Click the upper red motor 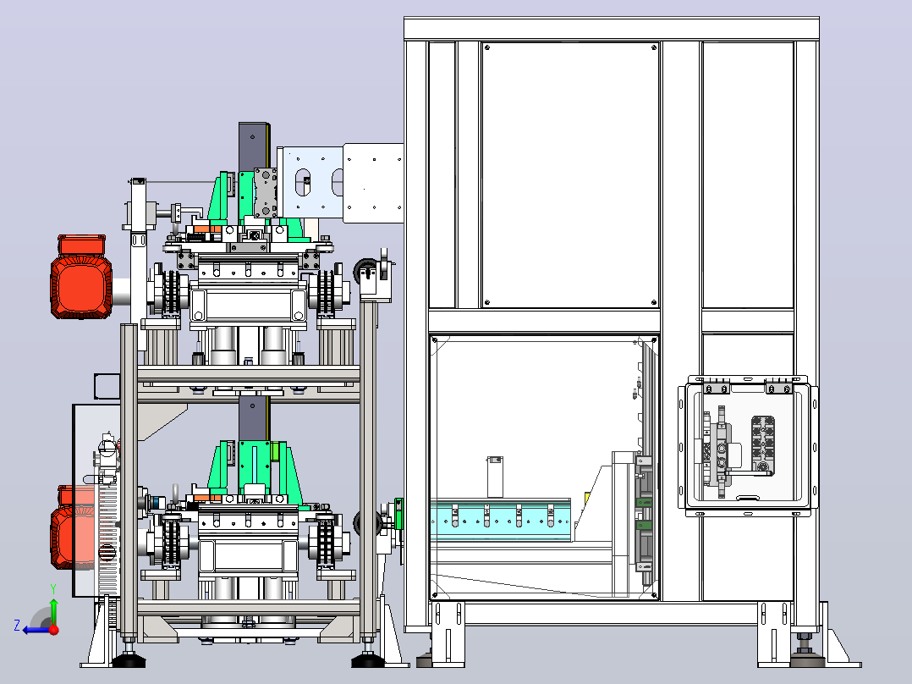click(81, 277)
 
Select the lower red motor click(73, 527)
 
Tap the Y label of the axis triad click(53, 588)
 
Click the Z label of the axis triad click(17, 626)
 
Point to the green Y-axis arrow click(53, 611)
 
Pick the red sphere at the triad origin click(54, 630)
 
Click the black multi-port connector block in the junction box click(762, 444)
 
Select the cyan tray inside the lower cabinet click(501, 520)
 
